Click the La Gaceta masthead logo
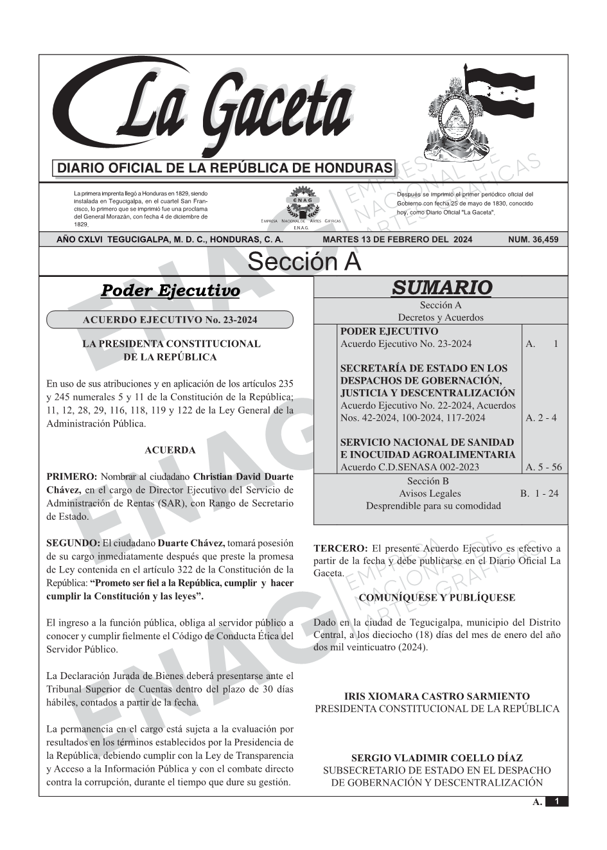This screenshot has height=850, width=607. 212,109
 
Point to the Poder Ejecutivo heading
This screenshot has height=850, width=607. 170,291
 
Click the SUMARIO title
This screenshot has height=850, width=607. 441,287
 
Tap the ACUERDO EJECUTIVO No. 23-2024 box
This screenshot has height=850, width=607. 170,320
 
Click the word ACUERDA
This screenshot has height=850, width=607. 170,450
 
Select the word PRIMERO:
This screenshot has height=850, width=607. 72,477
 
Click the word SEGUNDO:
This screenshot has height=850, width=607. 73,544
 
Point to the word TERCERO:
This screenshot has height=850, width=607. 340,549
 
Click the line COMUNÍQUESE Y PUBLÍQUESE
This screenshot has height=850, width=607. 437,598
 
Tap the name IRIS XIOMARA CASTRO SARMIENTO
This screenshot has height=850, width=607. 437,696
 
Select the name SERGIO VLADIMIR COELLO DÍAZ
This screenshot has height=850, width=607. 437,758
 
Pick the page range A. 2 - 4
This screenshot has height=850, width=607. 541,418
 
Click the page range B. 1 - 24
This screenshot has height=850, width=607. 539,493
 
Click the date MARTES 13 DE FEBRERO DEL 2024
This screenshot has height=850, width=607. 398,240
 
